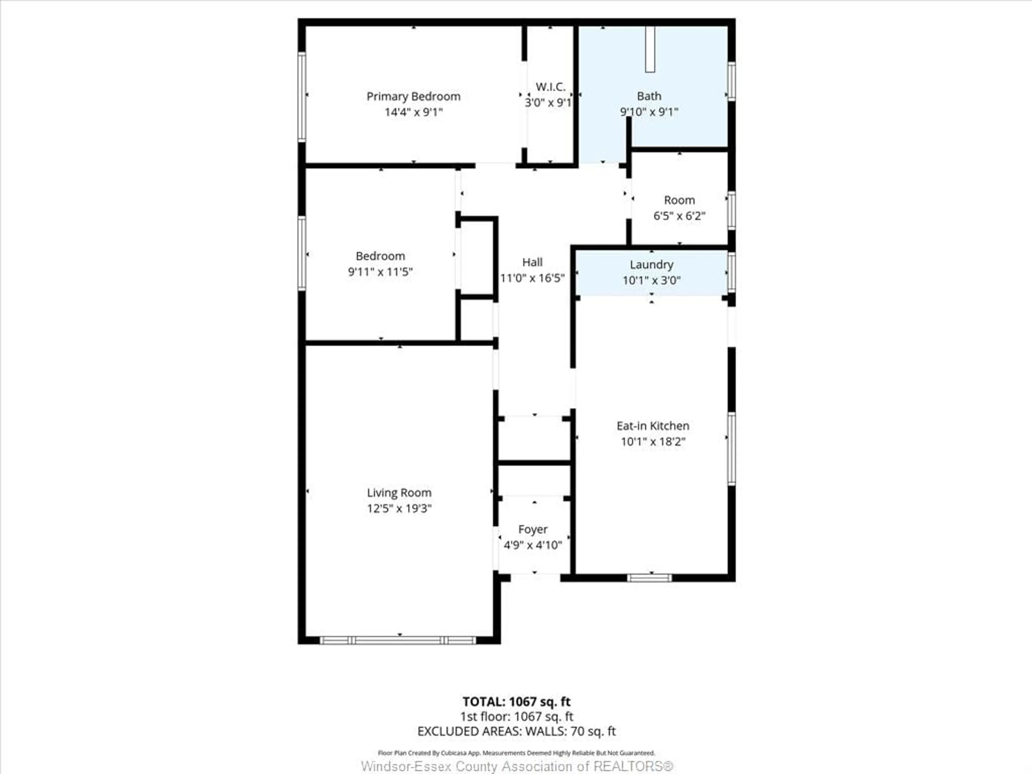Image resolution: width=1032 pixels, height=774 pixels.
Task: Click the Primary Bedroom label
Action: click(x=413, y=96)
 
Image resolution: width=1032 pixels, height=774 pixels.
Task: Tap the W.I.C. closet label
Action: click(x=550, y=87)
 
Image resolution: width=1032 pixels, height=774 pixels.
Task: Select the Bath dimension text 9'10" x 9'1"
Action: click(x=649, y=112)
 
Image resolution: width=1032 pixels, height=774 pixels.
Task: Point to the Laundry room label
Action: click(x=651, y=264)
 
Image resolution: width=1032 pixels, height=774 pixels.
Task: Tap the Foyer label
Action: click(x=533, y=529)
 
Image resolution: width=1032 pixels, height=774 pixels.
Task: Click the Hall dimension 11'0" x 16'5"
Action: click(x=532, y=278)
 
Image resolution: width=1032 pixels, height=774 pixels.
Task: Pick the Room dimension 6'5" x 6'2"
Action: click(x=679, y=216)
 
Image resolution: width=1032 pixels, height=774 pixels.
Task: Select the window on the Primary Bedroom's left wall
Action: click(x=302, y=96)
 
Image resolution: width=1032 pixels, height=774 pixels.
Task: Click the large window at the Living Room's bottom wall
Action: click(x=398, y=640)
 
